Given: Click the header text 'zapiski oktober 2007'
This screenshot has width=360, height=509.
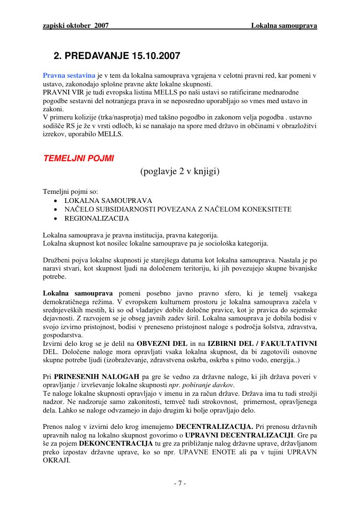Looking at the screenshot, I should [76, 25].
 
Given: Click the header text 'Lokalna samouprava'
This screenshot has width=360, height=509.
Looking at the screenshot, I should [284, 25].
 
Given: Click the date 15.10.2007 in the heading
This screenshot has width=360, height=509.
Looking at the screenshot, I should [156, 56].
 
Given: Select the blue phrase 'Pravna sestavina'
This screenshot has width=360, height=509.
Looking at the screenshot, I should [69, 75].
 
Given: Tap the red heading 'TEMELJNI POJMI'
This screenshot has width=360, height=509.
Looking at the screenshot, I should [78, 158].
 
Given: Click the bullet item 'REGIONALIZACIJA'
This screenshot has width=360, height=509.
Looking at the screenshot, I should [96, 218].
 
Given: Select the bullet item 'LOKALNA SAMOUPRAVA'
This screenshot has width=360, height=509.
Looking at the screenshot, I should [108, 201].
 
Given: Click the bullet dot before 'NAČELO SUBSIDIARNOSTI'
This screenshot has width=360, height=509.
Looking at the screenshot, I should [57, 210].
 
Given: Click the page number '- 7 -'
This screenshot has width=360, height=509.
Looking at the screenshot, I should [180, 483].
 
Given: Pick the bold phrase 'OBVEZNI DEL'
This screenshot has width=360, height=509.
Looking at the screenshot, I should [162, 344].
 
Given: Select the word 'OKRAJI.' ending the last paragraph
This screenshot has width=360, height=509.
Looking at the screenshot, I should [56, 461].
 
